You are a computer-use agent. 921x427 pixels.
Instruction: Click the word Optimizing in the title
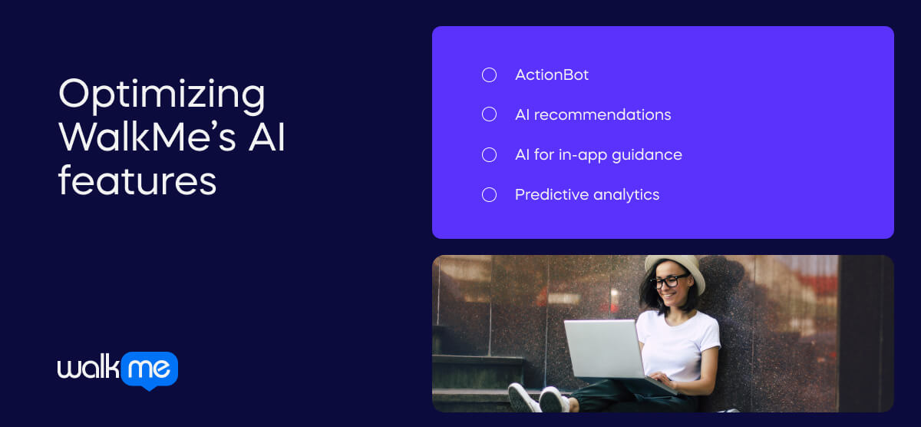[x=161, y=95]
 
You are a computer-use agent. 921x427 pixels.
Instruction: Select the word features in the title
[x=137, y=181]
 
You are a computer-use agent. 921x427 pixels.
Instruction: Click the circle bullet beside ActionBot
[x=489, y=75]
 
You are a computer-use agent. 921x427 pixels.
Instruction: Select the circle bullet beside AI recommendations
[x=489, y=114]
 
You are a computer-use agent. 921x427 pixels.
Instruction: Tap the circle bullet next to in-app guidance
[x=489, y=154]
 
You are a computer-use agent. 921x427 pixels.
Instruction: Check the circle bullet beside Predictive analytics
[x=489, y=194]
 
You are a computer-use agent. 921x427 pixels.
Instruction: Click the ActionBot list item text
[x=552, y=75]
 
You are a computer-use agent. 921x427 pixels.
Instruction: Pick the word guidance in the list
[x=651, y=155]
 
